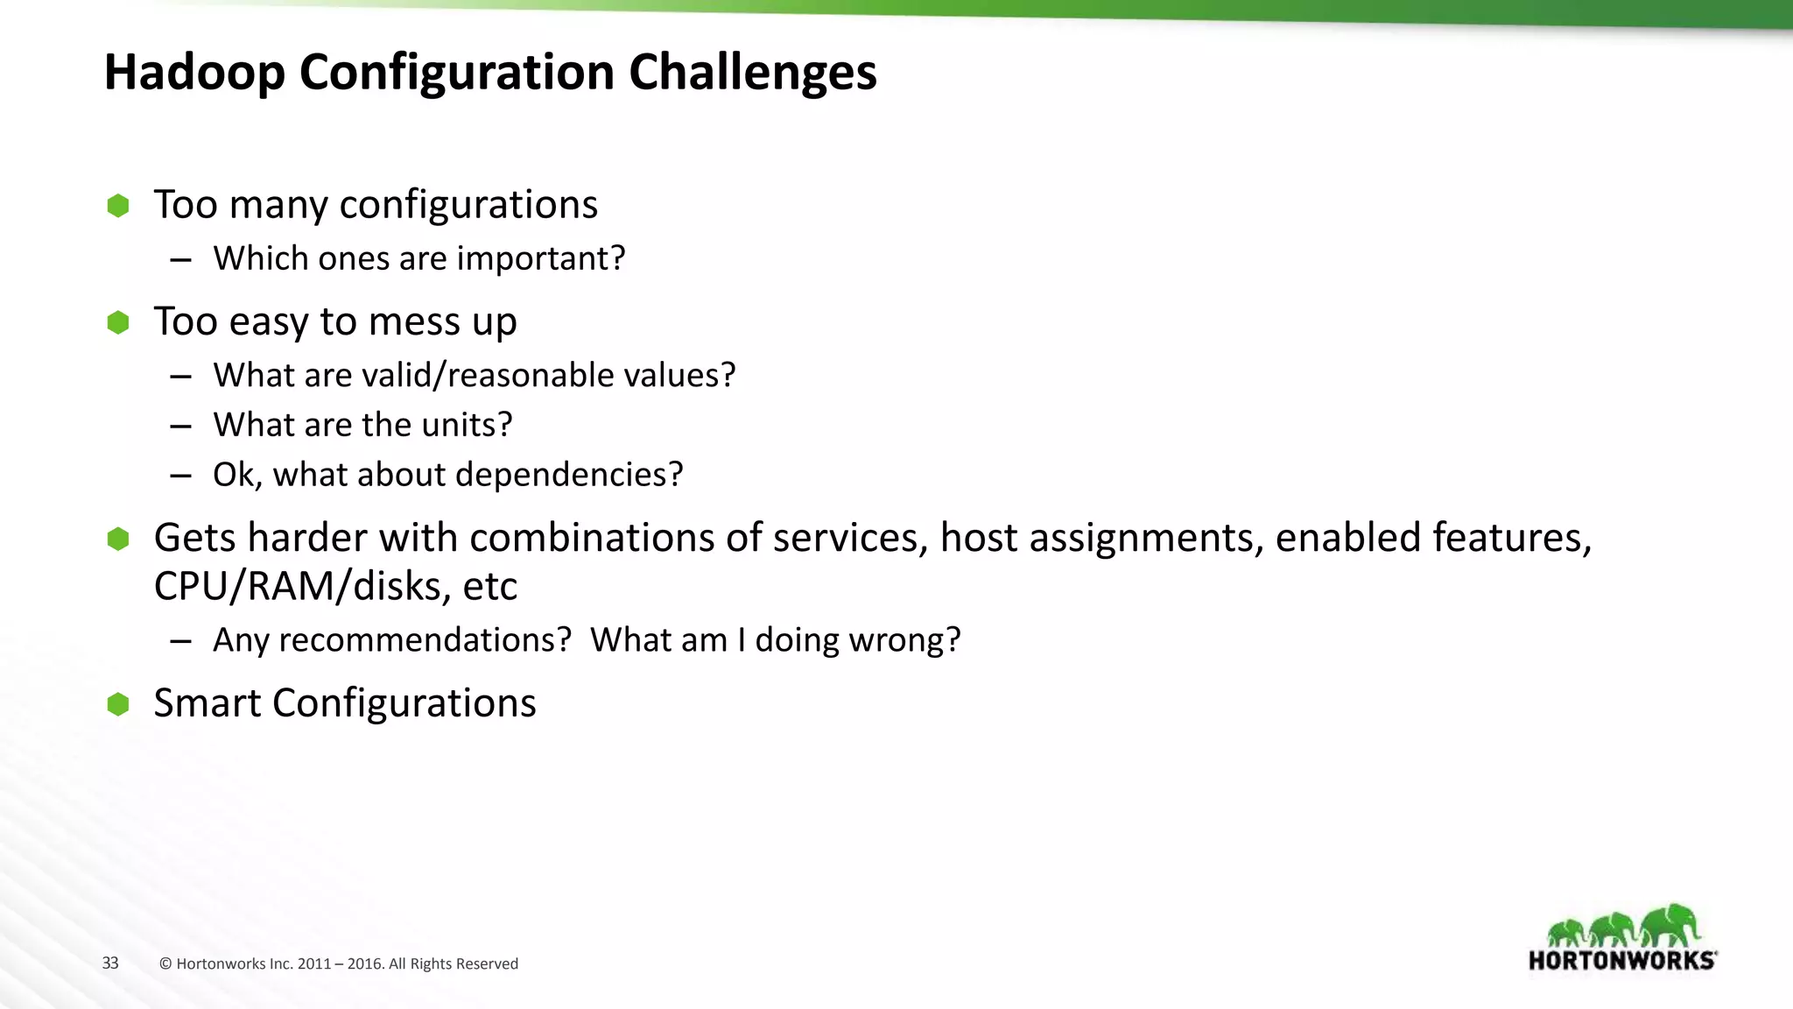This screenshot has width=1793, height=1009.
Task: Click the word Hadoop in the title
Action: click(194, 72)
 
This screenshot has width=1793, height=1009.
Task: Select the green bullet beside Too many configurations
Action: click(118, 206)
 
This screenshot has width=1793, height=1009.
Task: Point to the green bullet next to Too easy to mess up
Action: click(118, 322)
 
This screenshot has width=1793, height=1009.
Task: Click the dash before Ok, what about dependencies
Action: click(181, 476)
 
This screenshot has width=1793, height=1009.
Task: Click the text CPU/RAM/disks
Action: click(302, 586)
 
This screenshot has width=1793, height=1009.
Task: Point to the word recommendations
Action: click(425, 640)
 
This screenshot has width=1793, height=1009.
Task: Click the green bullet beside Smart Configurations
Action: click(118, 704)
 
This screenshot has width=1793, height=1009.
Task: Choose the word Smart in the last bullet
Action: click(207, 703)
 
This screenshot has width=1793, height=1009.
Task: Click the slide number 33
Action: click(110, 963)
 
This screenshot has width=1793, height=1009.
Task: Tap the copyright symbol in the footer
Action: click(165, 964)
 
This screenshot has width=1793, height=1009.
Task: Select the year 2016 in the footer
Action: click(364, 964)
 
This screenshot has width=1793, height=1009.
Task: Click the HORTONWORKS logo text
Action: click(1621, 961)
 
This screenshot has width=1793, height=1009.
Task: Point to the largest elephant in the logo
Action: click(1670, 925)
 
